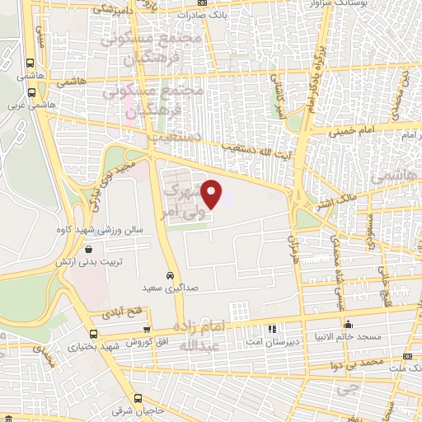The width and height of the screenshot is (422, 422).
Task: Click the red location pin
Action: (x=213, y=194)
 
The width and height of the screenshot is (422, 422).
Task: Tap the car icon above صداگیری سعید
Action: (x=169, y=275)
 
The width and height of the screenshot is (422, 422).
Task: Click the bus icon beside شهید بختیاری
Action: (x=92, y=334)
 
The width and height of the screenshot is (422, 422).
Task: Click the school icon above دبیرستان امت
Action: (x=272, y=328)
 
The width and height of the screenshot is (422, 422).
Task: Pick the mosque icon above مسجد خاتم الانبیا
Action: (x=349, y=324)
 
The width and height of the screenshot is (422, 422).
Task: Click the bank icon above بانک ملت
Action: (x=408, y=355)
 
